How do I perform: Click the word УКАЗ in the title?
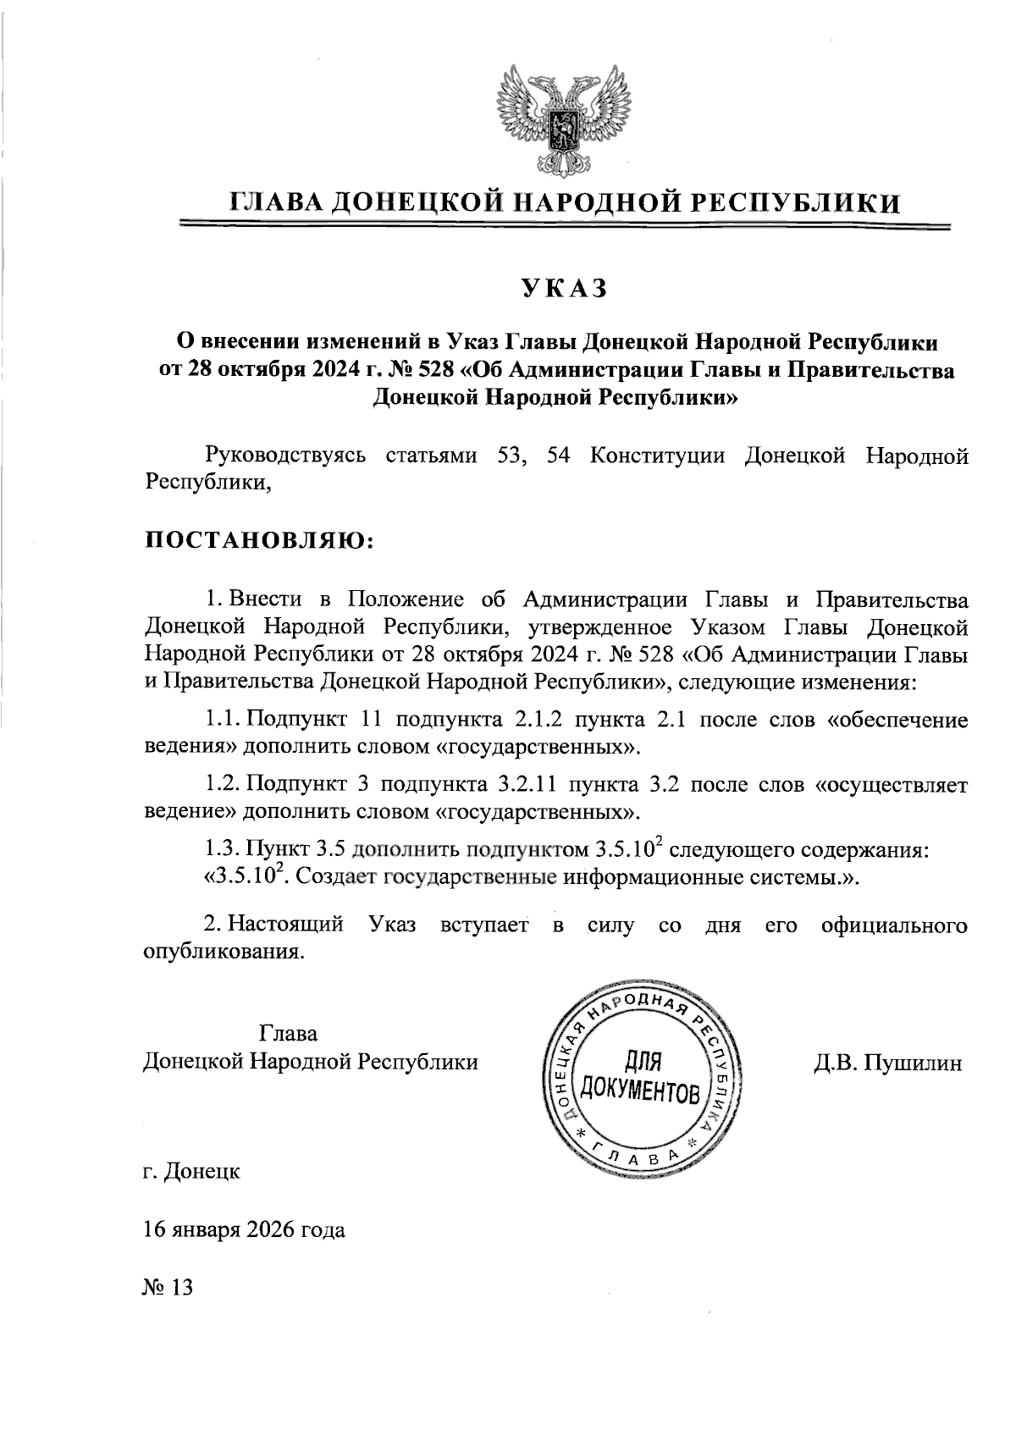click(564, 289)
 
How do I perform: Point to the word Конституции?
click(657, 456)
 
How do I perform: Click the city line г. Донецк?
click(191, 1172)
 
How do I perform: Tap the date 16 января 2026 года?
click(244, 1229)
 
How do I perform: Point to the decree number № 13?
click(168, 1288)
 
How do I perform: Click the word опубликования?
click(223, 952)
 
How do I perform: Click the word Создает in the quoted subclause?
click(337, 877)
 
